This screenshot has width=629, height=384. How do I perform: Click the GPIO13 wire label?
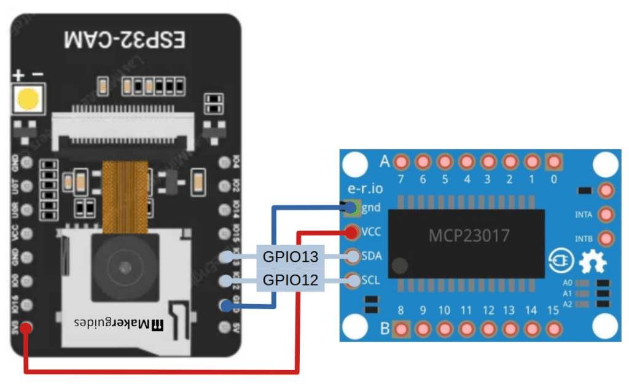pos(291,256)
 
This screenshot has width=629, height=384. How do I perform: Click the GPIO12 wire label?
pos(291,281)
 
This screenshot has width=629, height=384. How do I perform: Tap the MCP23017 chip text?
pos(469,235)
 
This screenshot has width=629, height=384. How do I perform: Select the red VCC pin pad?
pos(353,232)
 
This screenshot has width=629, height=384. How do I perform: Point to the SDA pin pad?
pos(353,256)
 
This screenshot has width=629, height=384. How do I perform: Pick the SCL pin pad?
pos(353,281)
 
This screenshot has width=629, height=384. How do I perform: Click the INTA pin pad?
pos(606,214)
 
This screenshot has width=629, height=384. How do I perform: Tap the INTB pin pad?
pos(606,238)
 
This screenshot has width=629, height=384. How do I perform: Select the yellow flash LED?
pos(28,99)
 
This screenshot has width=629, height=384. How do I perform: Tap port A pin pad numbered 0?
pos(554,162)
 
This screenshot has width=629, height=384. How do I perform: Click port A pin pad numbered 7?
pos(401,162)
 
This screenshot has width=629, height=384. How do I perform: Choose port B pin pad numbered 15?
pos(554,329)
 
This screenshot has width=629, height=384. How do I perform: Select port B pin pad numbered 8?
pos(401,329)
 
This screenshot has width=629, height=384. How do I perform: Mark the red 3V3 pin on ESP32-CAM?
pos(26,328)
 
